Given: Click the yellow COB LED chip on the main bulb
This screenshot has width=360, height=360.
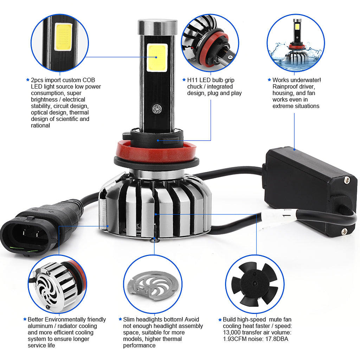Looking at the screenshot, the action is pos(157,58).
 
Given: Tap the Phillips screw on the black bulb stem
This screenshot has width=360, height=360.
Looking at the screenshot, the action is pos(157,109).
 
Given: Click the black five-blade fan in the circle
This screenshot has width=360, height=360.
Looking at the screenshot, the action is pos(255,284).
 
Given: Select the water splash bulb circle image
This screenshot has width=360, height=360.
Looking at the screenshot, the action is pos(296,43).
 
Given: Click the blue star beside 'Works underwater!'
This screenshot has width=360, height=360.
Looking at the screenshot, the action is pos(269,80).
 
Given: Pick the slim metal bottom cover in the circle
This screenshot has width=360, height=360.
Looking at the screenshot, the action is pos(153,286).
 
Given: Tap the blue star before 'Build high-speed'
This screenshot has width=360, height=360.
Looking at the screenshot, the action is pos(220,320).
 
